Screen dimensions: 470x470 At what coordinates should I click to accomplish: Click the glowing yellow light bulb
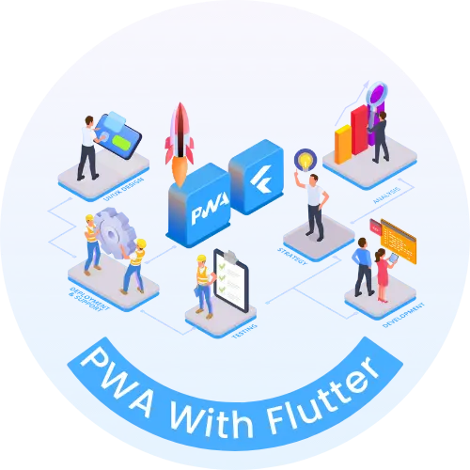[x=305, y=160]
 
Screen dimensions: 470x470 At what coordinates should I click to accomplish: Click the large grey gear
[x=111, y=235]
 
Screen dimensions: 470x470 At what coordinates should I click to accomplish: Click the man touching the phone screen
[x=87, y=146]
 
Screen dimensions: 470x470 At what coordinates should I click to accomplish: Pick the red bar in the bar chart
[x=359, y=132]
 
